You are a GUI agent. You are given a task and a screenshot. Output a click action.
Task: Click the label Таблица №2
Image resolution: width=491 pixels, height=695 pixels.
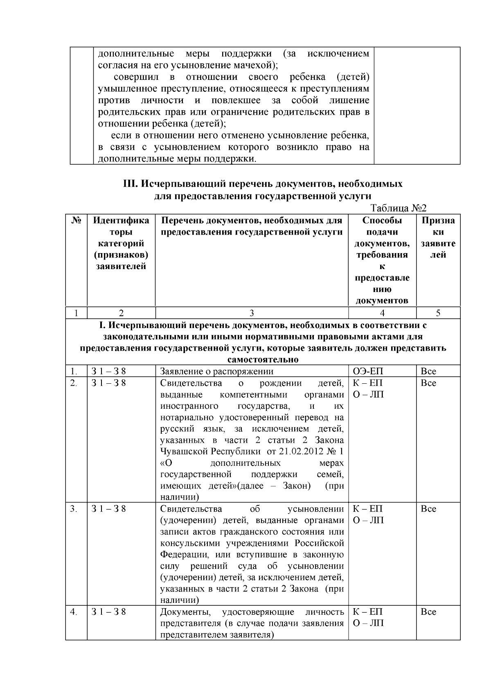click(x=399, y=208)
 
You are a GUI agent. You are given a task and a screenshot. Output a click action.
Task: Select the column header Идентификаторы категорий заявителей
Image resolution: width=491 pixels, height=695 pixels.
click(x=121, y=243)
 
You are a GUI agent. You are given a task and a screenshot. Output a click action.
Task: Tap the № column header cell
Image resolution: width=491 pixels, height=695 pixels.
click(x=76, y=220)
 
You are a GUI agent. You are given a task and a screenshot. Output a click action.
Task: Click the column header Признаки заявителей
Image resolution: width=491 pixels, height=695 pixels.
click(x=438, y=238)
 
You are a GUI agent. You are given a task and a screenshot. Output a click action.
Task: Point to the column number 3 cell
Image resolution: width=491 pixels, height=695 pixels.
click(x=252, y=313)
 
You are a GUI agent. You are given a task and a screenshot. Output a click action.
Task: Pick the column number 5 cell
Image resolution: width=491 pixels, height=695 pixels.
click(x=438, y=313)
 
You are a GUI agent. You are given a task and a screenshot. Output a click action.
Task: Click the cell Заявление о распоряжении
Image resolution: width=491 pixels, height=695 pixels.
click(x=217, y=371)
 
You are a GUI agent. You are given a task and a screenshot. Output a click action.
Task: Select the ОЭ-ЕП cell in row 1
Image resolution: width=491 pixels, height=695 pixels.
click(x=368, y=371)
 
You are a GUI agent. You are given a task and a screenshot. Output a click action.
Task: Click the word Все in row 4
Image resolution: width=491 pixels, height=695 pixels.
click(x=428, y=612)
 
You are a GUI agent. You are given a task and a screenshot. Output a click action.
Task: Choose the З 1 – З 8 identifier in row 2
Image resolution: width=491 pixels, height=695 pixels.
click(x=108, y=383)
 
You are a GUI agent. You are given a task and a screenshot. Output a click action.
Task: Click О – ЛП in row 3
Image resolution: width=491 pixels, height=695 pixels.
click(x=368, y=520)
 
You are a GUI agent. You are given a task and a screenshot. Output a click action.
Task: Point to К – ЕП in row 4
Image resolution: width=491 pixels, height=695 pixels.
click(x=368, y=612)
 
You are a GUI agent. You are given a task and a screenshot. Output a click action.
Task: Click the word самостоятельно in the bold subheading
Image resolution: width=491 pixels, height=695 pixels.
click(x=263, y=360)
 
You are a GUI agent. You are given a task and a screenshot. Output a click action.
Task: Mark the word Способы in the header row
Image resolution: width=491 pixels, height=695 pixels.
click(x=382, y=220)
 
